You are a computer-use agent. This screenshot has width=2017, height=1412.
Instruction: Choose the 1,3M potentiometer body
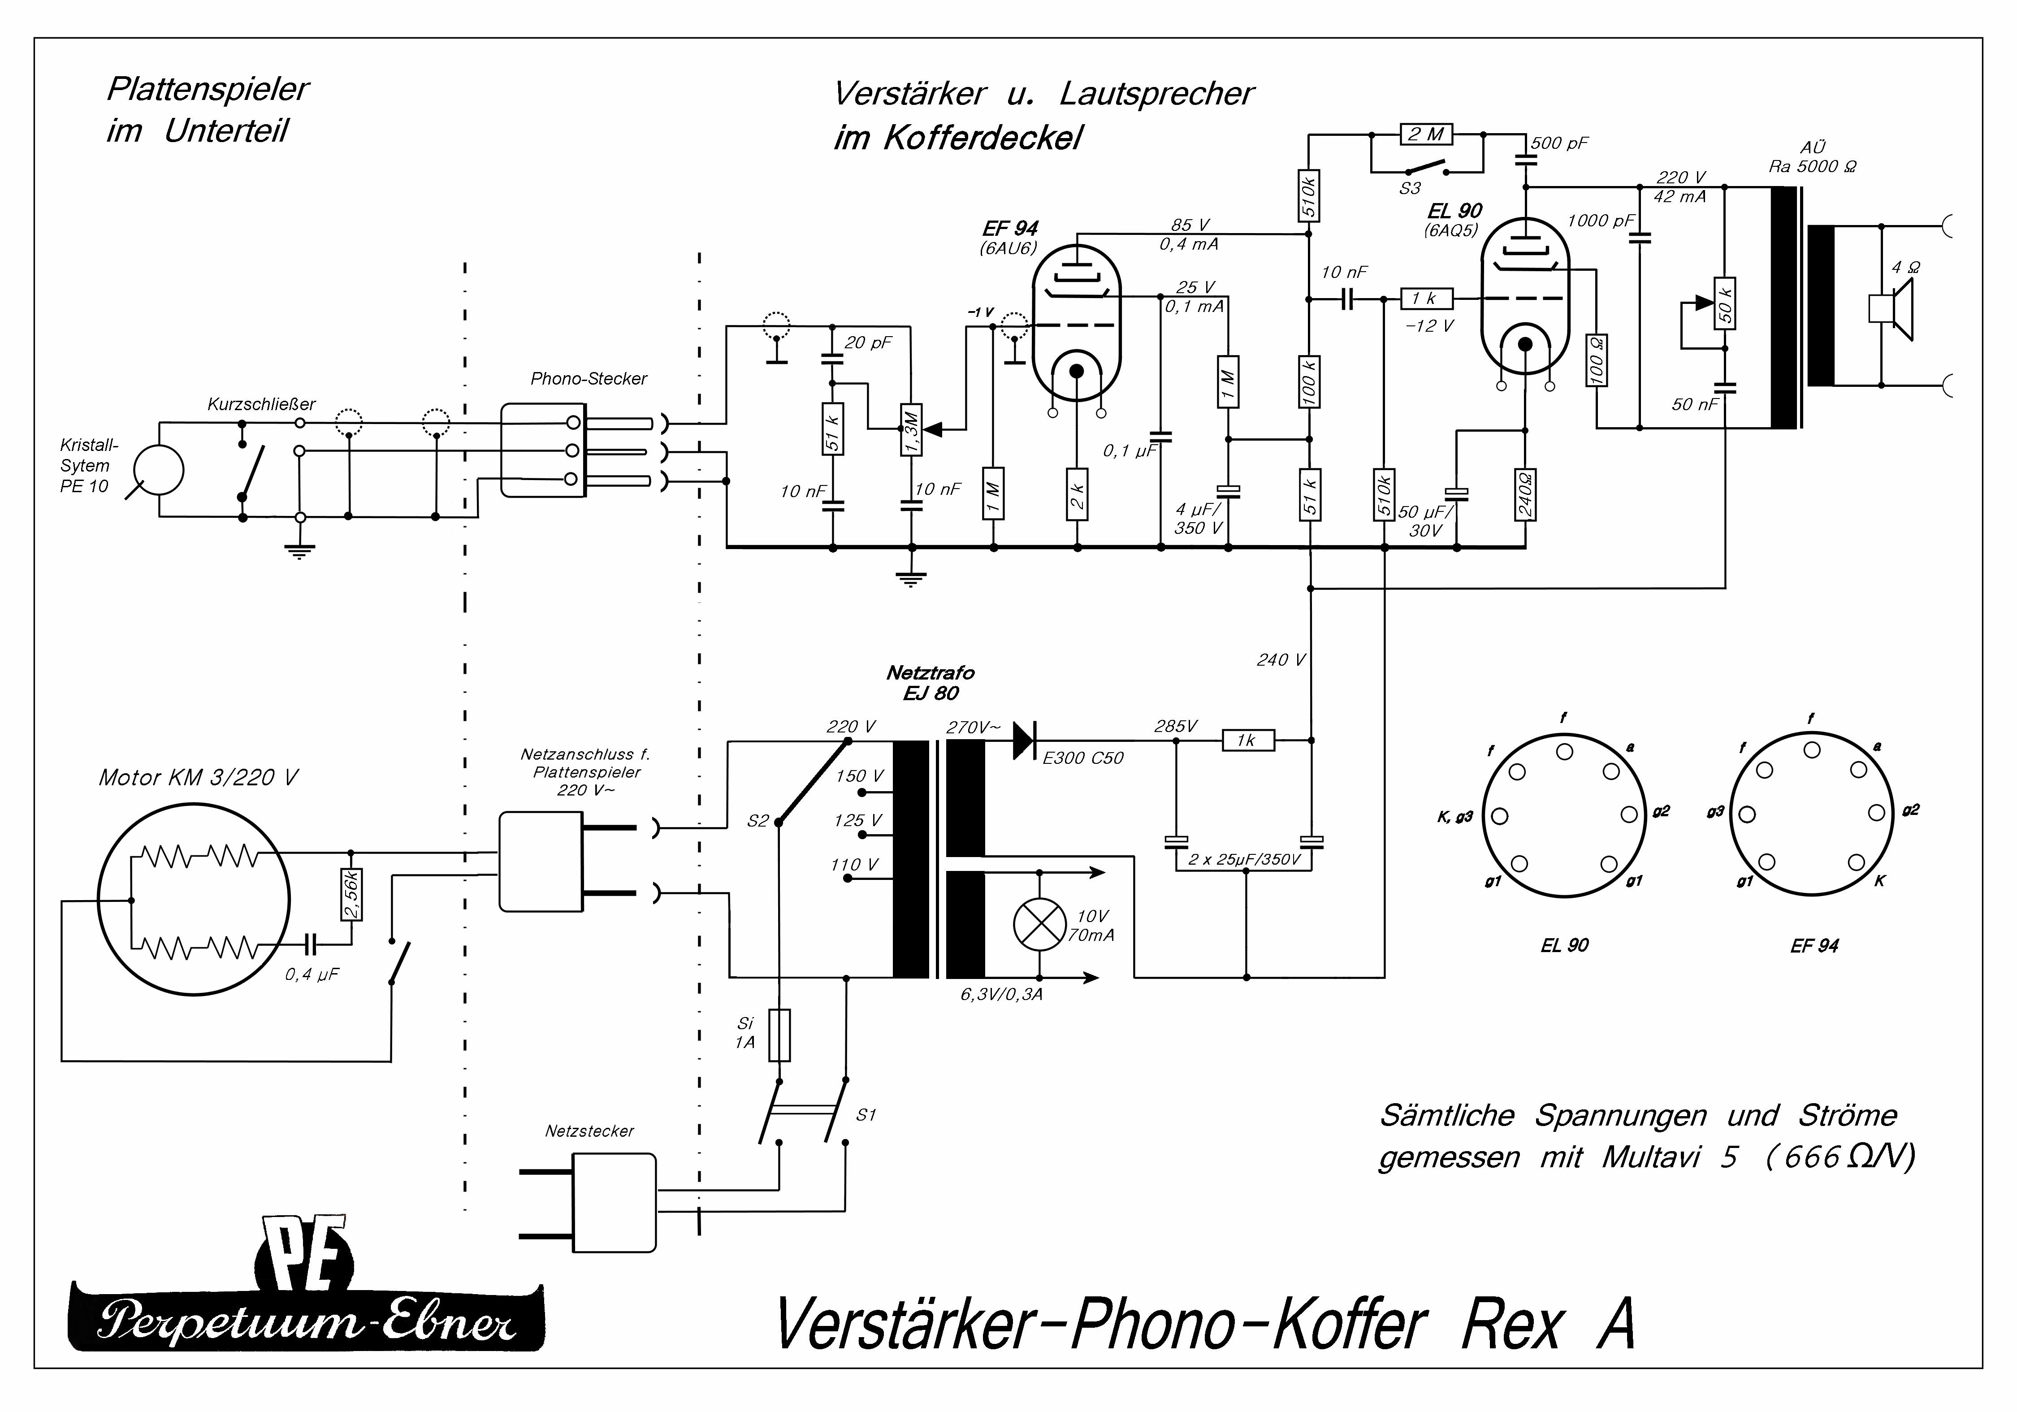click(911, 430)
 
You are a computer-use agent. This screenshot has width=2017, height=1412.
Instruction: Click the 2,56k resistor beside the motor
click(351, 894)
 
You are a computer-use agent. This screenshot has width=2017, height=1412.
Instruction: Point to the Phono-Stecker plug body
click(543, 450)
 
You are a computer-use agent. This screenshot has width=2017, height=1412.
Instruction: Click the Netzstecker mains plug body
click(614, 1202)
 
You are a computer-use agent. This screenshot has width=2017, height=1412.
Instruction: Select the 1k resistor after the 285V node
click(1248, 741)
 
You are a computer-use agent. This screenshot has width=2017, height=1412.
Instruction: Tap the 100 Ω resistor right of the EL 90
click(1596, 360)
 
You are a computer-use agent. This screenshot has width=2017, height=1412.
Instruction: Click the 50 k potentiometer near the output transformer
click(1724, 303)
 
